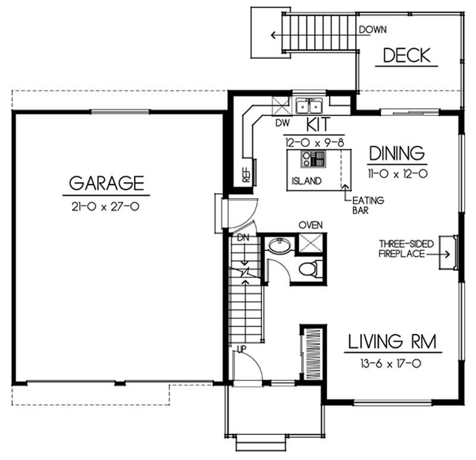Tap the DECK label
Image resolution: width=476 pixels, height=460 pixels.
click(406, 56)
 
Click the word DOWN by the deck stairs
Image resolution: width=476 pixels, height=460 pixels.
click(373, 29)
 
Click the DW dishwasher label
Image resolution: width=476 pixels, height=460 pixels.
click(281, 124)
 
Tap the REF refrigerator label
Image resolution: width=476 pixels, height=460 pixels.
click(245, 173)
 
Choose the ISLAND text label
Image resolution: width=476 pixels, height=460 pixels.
click(306, 180)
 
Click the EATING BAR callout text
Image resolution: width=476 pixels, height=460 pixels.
click(368, 205)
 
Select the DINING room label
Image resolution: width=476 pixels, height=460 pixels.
click(397, 153)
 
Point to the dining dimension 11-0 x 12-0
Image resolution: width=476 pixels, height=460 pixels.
click(397, 174)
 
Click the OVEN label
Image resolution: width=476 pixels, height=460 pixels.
click(310, 224)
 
